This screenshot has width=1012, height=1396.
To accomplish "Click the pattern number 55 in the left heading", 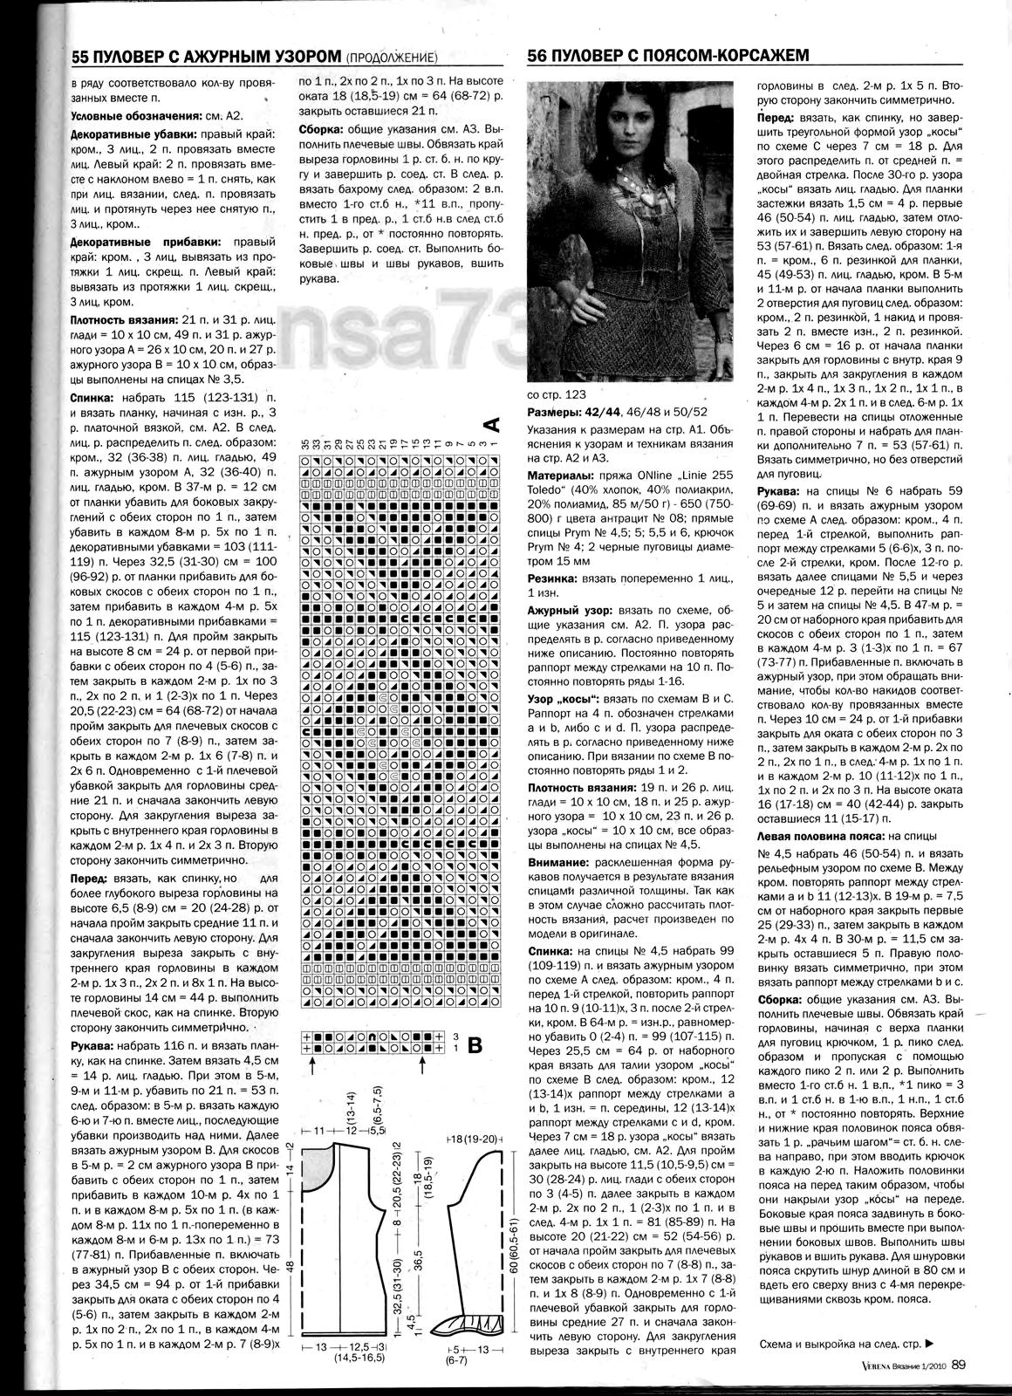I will (x=81, y=56).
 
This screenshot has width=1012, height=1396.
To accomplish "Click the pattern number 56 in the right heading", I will (x=538, y=56).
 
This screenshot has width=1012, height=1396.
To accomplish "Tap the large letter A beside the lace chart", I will (x=491, y=425).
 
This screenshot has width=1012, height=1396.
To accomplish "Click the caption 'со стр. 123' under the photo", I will (x=557, y=394).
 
